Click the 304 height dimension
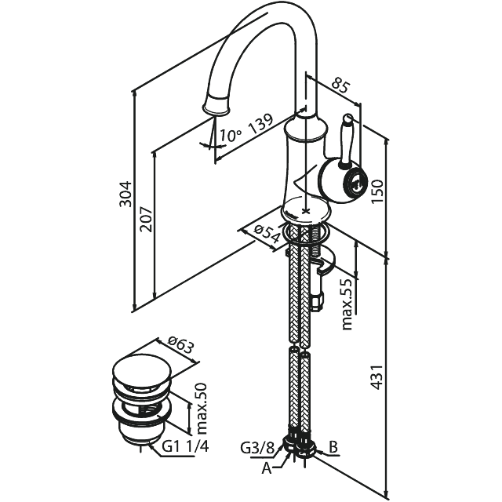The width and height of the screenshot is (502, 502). tap(125, 194)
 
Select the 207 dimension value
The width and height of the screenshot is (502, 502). tap(147, 220)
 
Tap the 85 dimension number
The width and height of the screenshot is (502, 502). tap(340, 85)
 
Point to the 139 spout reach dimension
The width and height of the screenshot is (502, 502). tap(261, 124)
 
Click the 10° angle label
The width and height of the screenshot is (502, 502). tap(231, 136)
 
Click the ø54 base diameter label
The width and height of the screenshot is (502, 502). tap(267, 234)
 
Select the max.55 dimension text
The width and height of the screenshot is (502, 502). tap(347, 304)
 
